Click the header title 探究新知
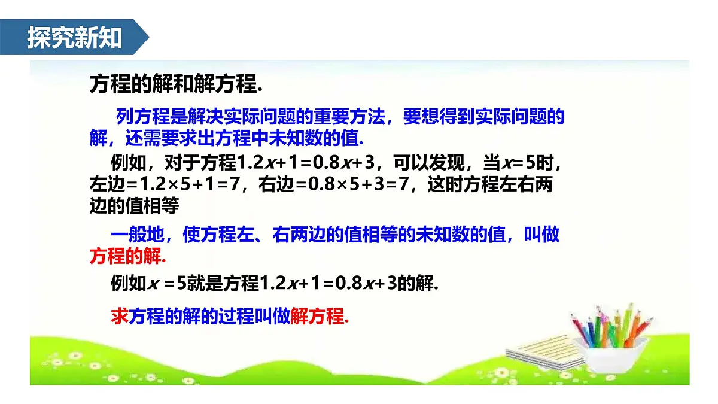[x=74, y=38]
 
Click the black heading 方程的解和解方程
[x=176, y=84]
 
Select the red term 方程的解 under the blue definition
[x=125, y=256]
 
